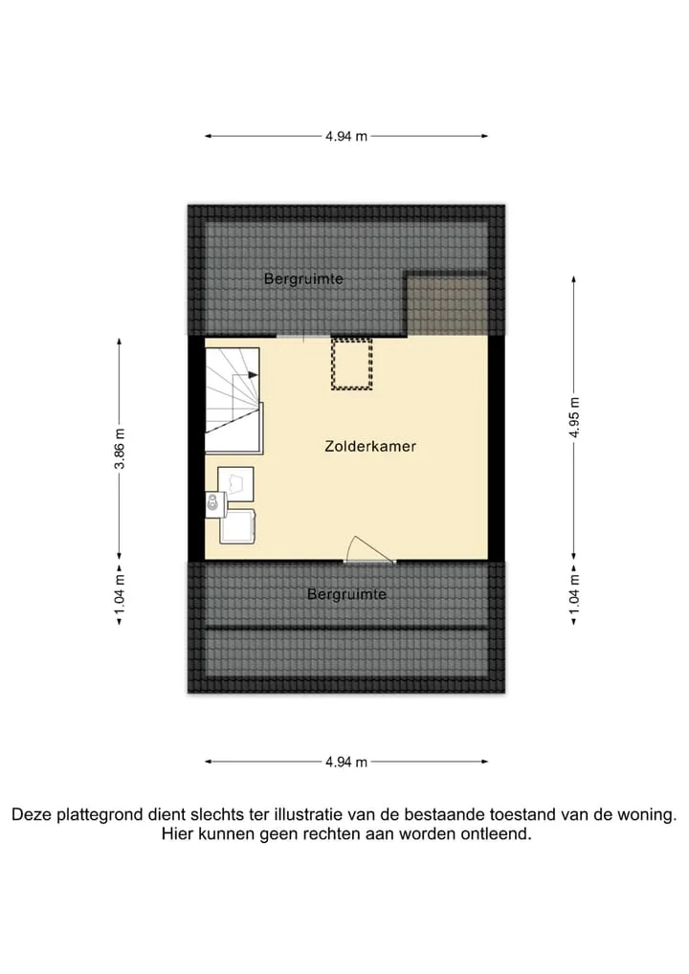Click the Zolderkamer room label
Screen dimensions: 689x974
click(x=370, y=446)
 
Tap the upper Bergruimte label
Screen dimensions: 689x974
click(x=303, y=279)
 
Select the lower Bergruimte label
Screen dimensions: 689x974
click(x=346, y=594)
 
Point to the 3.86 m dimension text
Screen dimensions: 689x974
click(x=120, y=449)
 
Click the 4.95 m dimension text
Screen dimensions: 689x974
click(x=574, y=417)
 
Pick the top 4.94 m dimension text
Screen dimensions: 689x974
click(x=346, y=136)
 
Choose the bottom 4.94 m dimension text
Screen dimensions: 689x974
click(x=346, y=762)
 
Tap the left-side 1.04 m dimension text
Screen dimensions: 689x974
click(x=120, y=594)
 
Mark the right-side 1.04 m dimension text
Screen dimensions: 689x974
click(x=574, y=594)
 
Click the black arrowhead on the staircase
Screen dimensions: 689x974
click(x=253, y=374)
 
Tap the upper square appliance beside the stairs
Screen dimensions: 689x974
click(x=236, y=484)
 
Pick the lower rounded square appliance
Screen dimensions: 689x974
click(x=236, y=526)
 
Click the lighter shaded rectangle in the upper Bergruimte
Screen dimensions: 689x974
click(x=447, y=304)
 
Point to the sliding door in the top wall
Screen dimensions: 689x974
click(x=303, y=336)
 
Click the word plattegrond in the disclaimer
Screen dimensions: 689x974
click(x=99, y=815)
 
